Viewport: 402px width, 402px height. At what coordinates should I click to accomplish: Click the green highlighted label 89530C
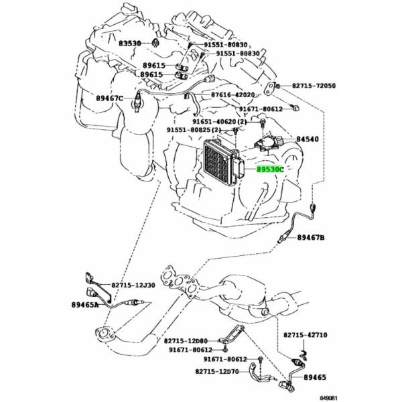click(271, 170)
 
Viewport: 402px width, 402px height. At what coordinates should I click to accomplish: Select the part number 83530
click(130, 44)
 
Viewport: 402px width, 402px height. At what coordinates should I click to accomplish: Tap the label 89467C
click(110, 98)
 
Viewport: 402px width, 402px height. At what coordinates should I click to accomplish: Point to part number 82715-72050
click(314, 86)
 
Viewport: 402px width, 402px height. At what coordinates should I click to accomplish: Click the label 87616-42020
click(232, 95)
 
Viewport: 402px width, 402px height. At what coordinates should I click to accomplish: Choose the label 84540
click(308, 139)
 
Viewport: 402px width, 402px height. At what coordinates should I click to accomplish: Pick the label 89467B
click(311, 238)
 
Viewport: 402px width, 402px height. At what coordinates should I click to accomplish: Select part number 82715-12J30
click(133, 285)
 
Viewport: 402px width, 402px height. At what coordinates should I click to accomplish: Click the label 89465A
click(85, 305)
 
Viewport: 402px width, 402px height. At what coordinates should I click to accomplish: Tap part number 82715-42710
click(305, 335)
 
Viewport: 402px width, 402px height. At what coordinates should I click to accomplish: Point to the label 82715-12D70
click(217, 371)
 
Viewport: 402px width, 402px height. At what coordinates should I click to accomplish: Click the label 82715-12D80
click(186, 341)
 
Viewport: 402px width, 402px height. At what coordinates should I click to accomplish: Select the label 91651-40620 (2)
click(220, 121)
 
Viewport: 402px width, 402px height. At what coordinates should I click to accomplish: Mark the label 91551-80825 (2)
click(194, 130)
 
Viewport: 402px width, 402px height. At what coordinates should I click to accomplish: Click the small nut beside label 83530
click(155, 43)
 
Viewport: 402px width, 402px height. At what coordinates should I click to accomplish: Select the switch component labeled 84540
click(268, 143)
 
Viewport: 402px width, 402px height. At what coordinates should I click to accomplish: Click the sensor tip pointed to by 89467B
click(280, 240)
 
